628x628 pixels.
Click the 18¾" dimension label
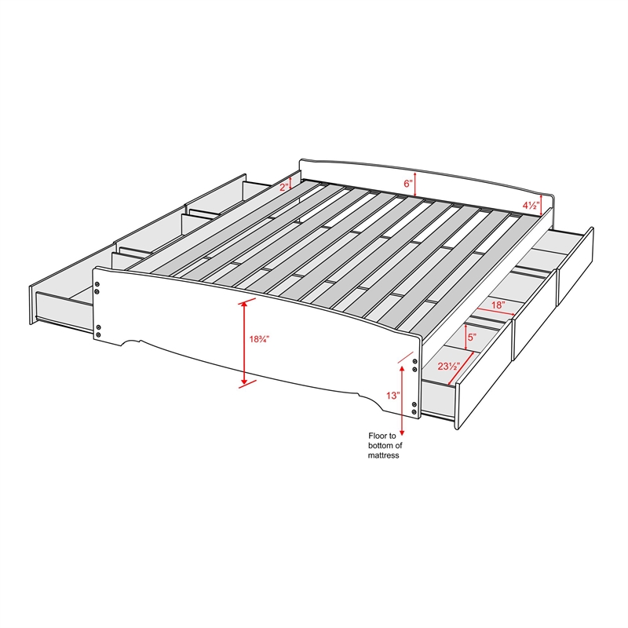click(x=259, y=339)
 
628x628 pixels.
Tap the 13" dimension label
click(x=393, y=396)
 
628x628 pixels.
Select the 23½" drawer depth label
click(x=448, y=366)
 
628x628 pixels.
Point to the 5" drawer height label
click(x=472, y=337)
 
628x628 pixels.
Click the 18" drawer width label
click(x=497, y=305)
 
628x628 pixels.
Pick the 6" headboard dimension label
click(x=407, y=184)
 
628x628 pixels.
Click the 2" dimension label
click(x=284, y=187)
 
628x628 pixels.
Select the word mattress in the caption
click(x=383, y=455)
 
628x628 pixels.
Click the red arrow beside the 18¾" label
click(x=244, y=344)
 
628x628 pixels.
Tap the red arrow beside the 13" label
click(x=402, y=400)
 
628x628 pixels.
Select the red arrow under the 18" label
click(x=495, y=312)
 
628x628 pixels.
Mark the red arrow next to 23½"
click(x=462, y=368)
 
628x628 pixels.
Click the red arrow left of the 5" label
click(x=466, y=337)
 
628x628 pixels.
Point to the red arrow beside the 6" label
click(x=415, y=184)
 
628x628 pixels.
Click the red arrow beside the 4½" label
click(x=542, y=205)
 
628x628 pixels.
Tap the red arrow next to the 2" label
click(x=290, y=184)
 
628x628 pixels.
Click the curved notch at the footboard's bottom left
click(x=131, y=341)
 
